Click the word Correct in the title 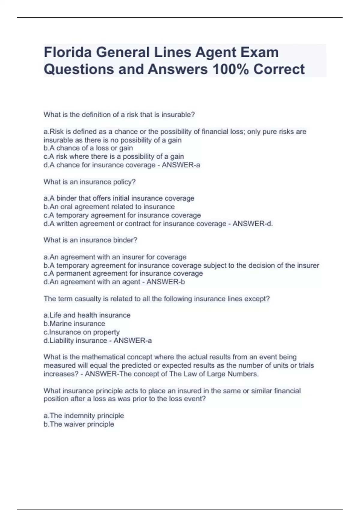coord(279,69)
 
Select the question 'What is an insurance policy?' coord(90,182)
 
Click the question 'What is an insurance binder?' coord(90,240)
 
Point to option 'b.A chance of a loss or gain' coord(88,148)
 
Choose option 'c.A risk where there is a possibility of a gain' coord(114,156)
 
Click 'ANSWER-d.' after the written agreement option coord(253,223)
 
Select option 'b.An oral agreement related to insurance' coord(109,207)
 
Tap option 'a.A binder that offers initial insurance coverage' coord(119,198)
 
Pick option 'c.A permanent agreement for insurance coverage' coord(123,273)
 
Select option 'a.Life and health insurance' coord(87,315)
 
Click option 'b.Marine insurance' coord(74,323)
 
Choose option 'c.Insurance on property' coord(82,332)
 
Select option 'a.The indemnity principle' coord(84,415)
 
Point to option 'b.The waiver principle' coord(79,424)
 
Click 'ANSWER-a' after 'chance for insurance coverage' coord(181,165)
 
